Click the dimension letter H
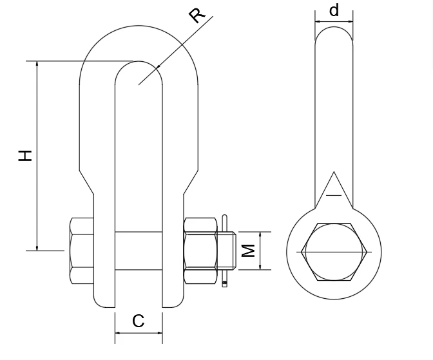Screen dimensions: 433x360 25,156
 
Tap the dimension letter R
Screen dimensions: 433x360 198,15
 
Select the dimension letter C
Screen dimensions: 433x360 138,321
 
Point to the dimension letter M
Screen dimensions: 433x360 249,251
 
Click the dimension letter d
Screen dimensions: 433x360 334,10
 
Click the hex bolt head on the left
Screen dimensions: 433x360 82,251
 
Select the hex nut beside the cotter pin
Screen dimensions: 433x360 200,251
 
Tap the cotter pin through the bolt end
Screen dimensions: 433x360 225,251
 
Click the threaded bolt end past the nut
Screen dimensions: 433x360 226,251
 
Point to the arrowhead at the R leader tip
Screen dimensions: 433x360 158,66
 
